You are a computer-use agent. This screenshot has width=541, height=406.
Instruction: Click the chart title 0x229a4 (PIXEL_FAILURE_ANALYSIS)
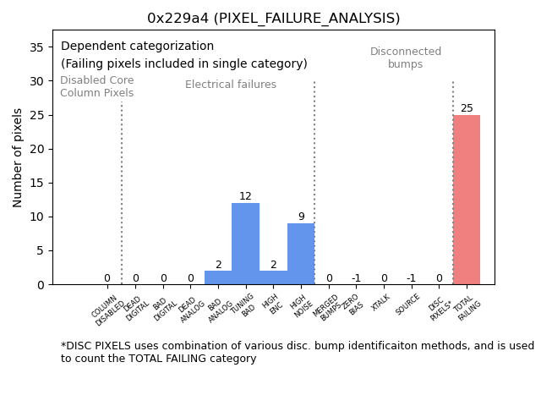[273, 18]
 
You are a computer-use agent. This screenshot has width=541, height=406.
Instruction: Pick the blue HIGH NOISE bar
[300, 254]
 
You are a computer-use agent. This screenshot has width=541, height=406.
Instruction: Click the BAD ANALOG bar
[218, 277]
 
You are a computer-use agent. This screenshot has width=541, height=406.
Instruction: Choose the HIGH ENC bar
[273, 277]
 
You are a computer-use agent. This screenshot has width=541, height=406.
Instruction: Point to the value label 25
[467, 108]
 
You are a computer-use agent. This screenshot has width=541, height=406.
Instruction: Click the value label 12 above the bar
[245, 196]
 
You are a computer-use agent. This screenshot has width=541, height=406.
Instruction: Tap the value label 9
[301, 217]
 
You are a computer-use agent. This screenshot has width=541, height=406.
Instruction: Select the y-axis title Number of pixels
[18, 157]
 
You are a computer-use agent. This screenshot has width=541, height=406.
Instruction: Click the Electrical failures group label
[231, 85]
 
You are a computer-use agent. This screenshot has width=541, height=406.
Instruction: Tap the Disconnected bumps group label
[406, 58]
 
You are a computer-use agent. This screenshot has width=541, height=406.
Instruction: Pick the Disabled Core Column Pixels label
[96, 86]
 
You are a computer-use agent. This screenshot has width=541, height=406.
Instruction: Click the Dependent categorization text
[137, 47]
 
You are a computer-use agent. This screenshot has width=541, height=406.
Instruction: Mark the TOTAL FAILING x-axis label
[467, 309]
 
